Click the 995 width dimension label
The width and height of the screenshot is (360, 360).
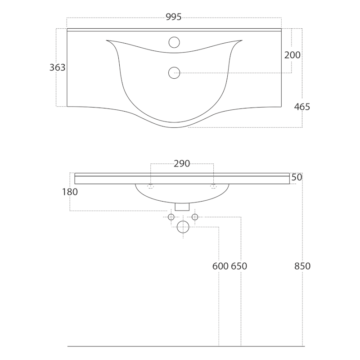(x=174, y=17)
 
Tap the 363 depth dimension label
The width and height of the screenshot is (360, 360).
(x=58, y=67)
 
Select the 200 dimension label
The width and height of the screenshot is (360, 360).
(x=292, y=55)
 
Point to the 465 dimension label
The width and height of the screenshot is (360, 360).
(x=302, y=107)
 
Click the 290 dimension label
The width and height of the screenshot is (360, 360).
(x=182, y=164)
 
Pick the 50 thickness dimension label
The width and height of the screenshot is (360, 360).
(x=297, y=177)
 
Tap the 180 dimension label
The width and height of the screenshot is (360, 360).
(x=70, y=192)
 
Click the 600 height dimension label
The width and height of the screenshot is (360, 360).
(x=220, y=266)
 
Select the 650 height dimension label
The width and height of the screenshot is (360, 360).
(x=239, y=266)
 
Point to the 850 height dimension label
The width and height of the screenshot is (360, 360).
(x=302, y=266)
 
